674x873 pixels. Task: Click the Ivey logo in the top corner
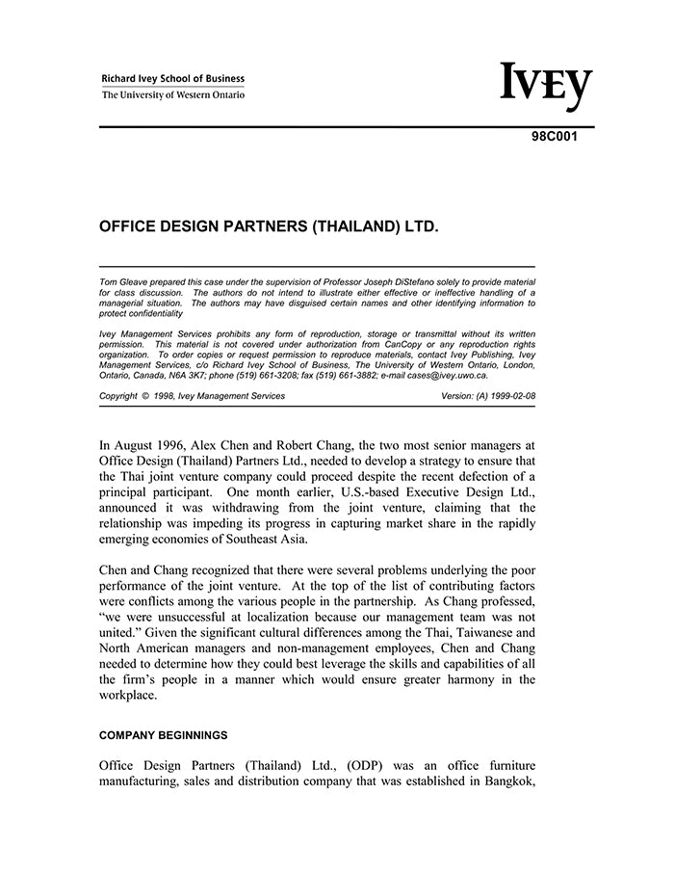(x=545, y=87)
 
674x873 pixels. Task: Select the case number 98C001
(x=556, y=137)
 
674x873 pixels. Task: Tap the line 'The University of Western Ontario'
(x=173, y=95)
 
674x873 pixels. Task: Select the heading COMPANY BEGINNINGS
(x=164, y=735)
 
